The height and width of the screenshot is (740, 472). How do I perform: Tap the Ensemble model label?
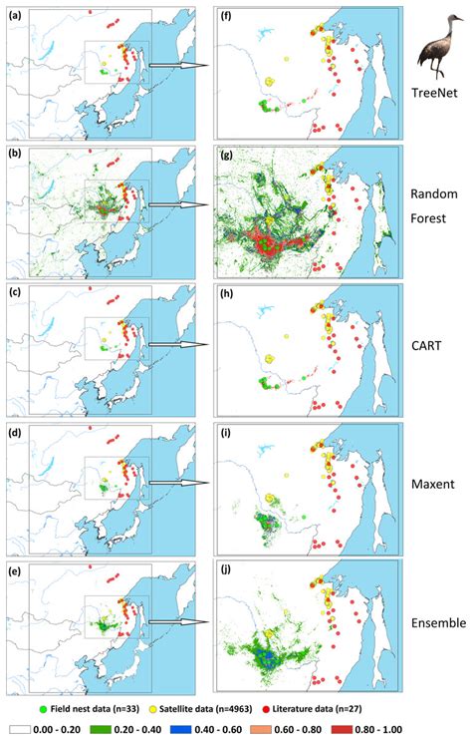point(437,624)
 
